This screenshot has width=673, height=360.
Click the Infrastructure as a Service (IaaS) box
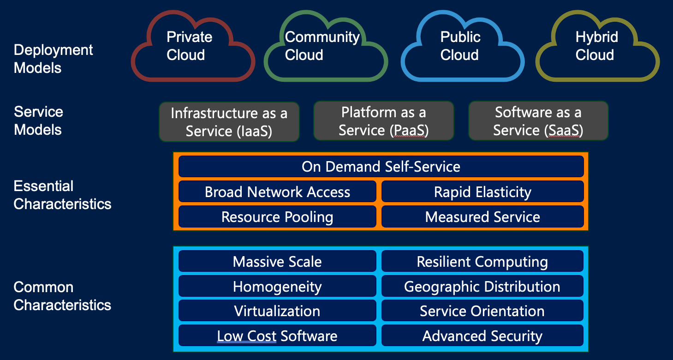click(x=229, y=122)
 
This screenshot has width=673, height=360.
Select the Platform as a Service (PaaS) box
click(x=384, y=121)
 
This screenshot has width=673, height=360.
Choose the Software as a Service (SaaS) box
click(x=538, y=121)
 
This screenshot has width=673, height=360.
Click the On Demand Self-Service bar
click(x=381, y=167)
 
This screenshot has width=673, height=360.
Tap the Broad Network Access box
click(x=277, y=192)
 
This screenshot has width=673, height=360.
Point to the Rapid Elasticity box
click(x=482, y=192)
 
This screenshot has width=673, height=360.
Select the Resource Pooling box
click(x=277, y=217)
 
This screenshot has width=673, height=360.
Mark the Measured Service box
click(x=482, y=217)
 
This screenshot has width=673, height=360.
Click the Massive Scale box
click(x=277, y=262)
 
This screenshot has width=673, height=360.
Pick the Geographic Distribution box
click(x=482, y=287)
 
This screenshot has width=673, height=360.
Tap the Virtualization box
click(x=277, y=311)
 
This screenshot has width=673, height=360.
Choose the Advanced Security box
click(x=482, y=336)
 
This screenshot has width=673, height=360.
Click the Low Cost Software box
click(x=277, y=336)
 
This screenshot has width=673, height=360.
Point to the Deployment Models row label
click(x=54, y=59)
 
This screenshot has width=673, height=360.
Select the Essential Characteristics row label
click(x=62, y=195)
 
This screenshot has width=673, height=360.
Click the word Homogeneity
click(x=277, y=287)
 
